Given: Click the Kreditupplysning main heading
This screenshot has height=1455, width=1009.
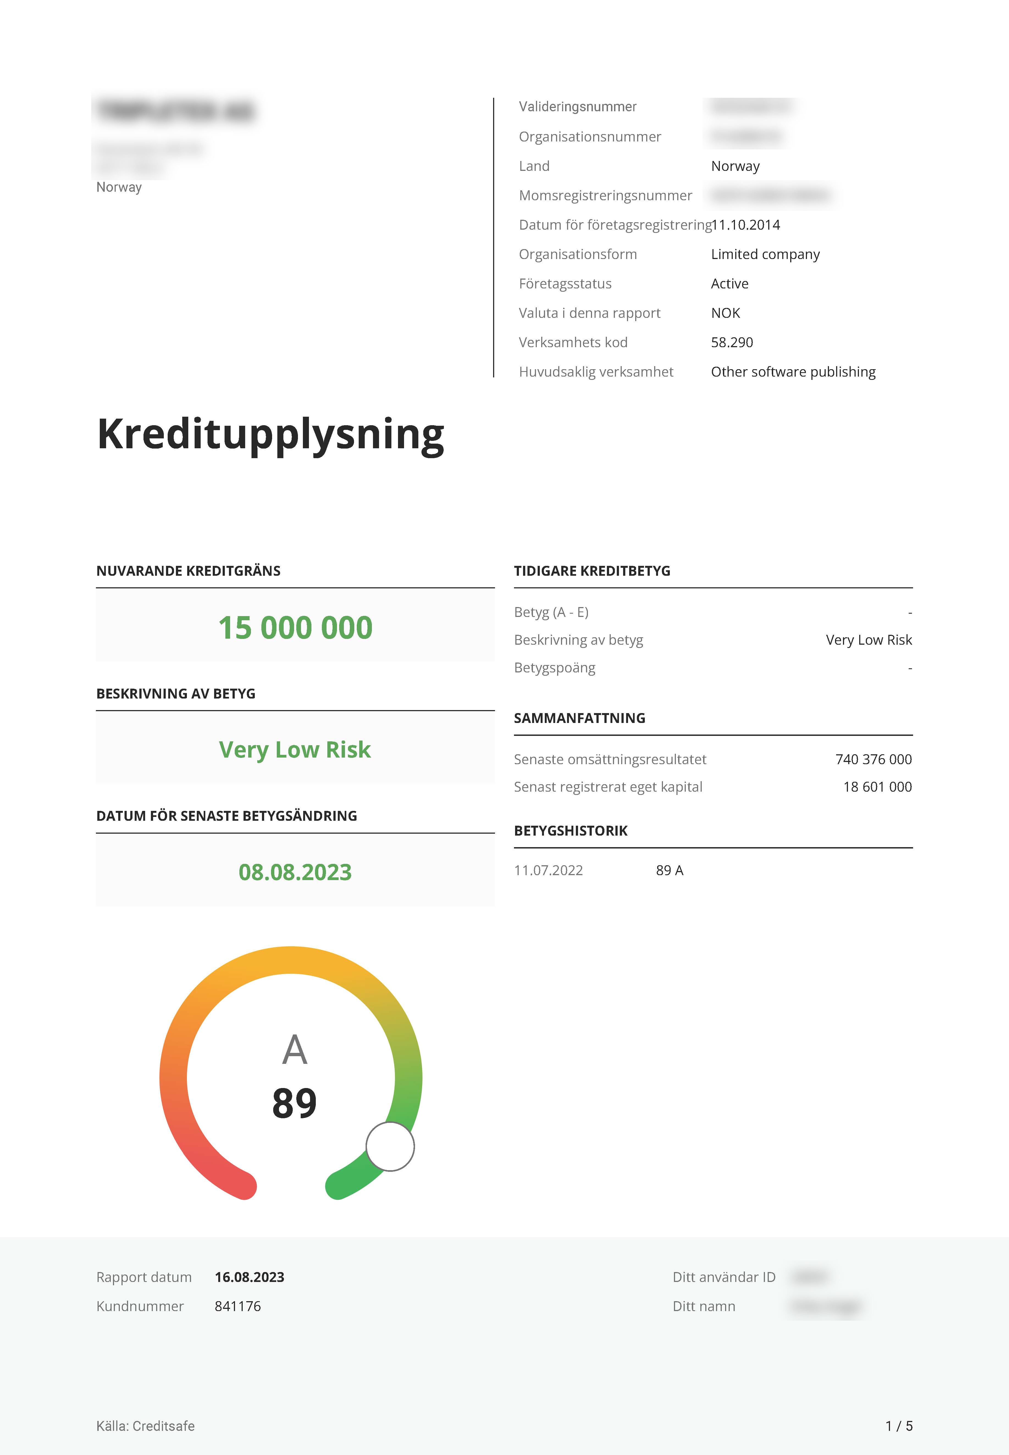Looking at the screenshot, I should coord(270,435).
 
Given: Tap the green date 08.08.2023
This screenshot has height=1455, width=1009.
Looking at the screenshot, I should coord(295,872).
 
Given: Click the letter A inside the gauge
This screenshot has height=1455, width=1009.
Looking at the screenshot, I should coord(295,1050).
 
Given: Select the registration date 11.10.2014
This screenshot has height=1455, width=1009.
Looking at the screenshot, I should coord(746,225).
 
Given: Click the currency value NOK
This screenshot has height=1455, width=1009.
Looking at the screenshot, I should coord(725,313).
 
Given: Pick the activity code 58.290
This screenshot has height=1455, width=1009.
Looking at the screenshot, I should coord(732,343).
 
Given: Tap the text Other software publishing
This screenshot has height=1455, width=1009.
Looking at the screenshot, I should coord(793,371).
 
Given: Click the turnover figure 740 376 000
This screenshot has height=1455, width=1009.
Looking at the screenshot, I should coord(873,760).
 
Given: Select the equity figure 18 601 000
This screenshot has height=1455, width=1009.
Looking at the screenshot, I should coord(877,787).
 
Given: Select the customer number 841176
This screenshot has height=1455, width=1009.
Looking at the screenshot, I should coord(238,1306).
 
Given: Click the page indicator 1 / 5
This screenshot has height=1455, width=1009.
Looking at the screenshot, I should coord(898,1426).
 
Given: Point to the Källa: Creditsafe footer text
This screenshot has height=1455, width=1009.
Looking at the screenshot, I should coord(145,1426).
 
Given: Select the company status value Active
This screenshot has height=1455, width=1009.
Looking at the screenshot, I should coord(729,284).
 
